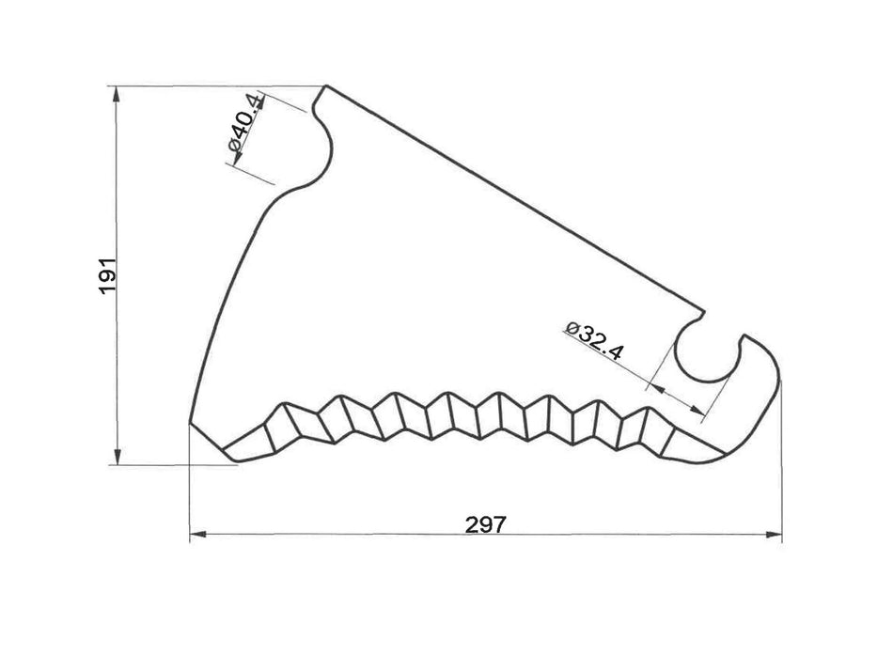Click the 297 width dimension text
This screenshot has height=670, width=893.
[486, 524]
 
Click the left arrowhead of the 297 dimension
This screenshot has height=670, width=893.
[196, 536]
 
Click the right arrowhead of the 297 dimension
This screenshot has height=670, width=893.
[775, 536]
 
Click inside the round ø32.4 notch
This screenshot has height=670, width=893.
[706, 355]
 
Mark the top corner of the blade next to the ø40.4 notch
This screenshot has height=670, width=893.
[328, 86]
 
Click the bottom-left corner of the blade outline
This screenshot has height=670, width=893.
[192, 422]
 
